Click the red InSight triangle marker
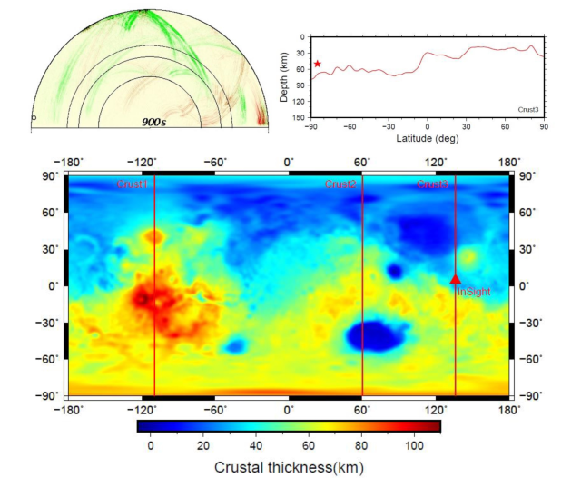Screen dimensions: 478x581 [x=456, y=280]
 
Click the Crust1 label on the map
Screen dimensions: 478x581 [x=133, y=184]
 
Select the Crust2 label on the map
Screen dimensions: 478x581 [x=340, y=184]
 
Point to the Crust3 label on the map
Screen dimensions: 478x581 [x=432, y=184]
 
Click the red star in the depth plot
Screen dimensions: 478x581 [x=318, y=64]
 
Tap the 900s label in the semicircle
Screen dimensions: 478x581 [x=153, y=121]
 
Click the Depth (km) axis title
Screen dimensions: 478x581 [x=285, y=80]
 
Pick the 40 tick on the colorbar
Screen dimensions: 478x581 [x=256, y=445]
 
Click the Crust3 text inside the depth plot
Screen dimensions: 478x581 [x=529, y=109]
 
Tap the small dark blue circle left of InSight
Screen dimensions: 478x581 [x=395, y=271]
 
